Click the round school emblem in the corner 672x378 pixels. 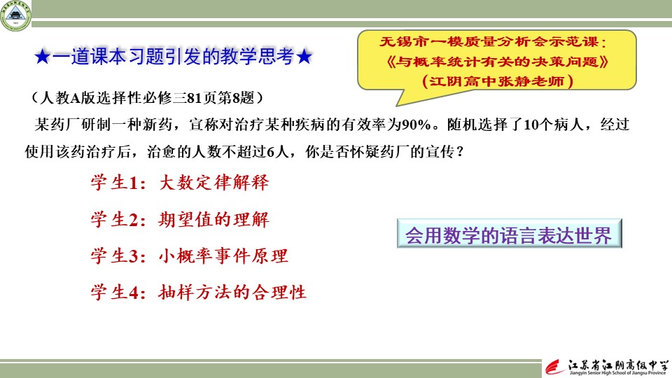pos(16,16)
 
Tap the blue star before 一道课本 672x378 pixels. pos(43,57)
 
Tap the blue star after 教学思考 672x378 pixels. pos(304,57)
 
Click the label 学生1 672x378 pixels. pos(114,183)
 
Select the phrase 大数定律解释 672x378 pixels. pos(214,183)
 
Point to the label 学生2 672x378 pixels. pos(114,220)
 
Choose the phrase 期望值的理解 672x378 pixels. pos(214,220)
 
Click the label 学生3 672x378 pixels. pos(114,256)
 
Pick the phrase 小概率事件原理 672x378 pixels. pos(223,256)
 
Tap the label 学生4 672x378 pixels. pos(114,293)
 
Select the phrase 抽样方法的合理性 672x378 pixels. pos(232,293)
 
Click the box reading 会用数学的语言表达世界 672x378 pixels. pos(509,234)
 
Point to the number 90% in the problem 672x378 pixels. pos(416,125)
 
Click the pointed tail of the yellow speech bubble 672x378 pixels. pos(398,105)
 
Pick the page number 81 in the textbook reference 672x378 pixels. pos(194,98)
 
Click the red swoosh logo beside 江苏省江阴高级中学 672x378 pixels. pos(555,367)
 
